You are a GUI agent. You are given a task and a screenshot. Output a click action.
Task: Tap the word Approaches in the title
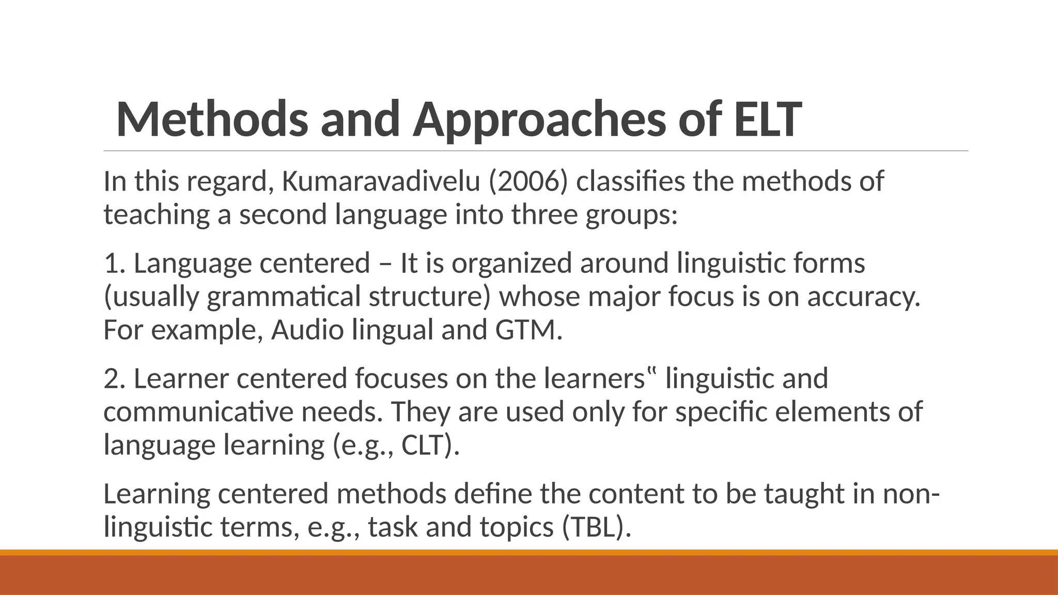(539, 120)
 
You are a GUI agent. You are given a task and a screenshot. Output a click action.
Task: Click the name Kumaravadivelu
(381, 181)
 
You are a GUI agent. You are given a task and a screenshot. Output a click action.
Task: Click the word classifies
(630, 181)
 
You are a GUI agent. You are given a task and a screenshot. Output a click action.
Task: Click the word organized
(511, 263)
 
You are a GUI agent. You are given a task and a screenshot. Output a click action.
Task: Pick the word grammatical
(283, 297)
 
